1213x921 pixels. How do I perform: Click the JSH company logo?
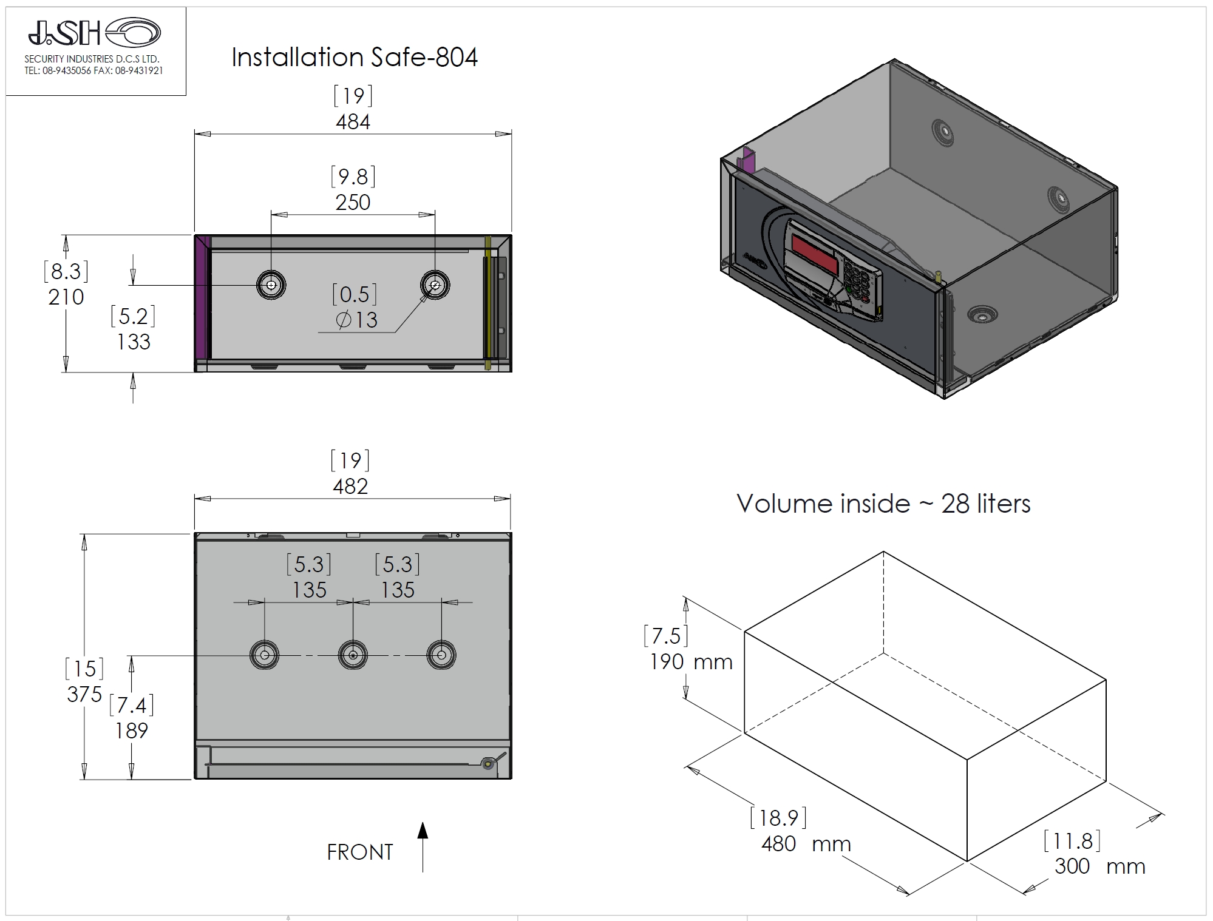point(94,32)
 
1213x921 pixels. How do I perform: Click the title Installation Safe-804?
point(355,58)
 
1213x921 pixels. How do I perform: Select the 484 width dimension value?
point(353,122)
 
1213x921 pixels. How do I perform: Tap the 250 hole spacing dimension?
point(353,202)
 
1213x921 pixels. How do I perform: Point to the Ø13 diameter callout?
point(357,320)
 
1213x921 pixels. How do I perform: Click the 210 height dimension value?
point(66,297)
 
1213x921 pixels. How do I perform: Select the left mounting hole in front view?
point(271,285)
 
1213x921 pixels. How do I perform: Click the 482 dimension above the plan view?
point(350,486)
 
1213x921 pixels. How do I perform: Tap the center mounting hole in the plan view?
point(353,655)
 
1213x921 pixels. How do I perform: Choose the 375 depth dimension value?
point(84,694)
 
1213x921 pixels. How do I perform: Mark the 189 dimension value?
point(132,730)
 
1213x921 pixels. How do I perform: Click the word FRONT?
point(360,852)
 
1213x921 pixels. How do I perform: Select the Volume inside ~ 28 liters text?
point(883,504)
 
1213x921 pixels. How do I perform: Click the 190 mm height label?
point(691,661)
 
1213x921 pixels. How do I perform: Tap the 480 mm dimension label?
point(806,843)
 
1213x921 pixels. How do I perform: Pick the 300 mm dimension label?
point(1099,866)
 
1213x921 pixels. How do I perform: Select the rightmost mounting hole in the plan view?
point(441,655)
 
